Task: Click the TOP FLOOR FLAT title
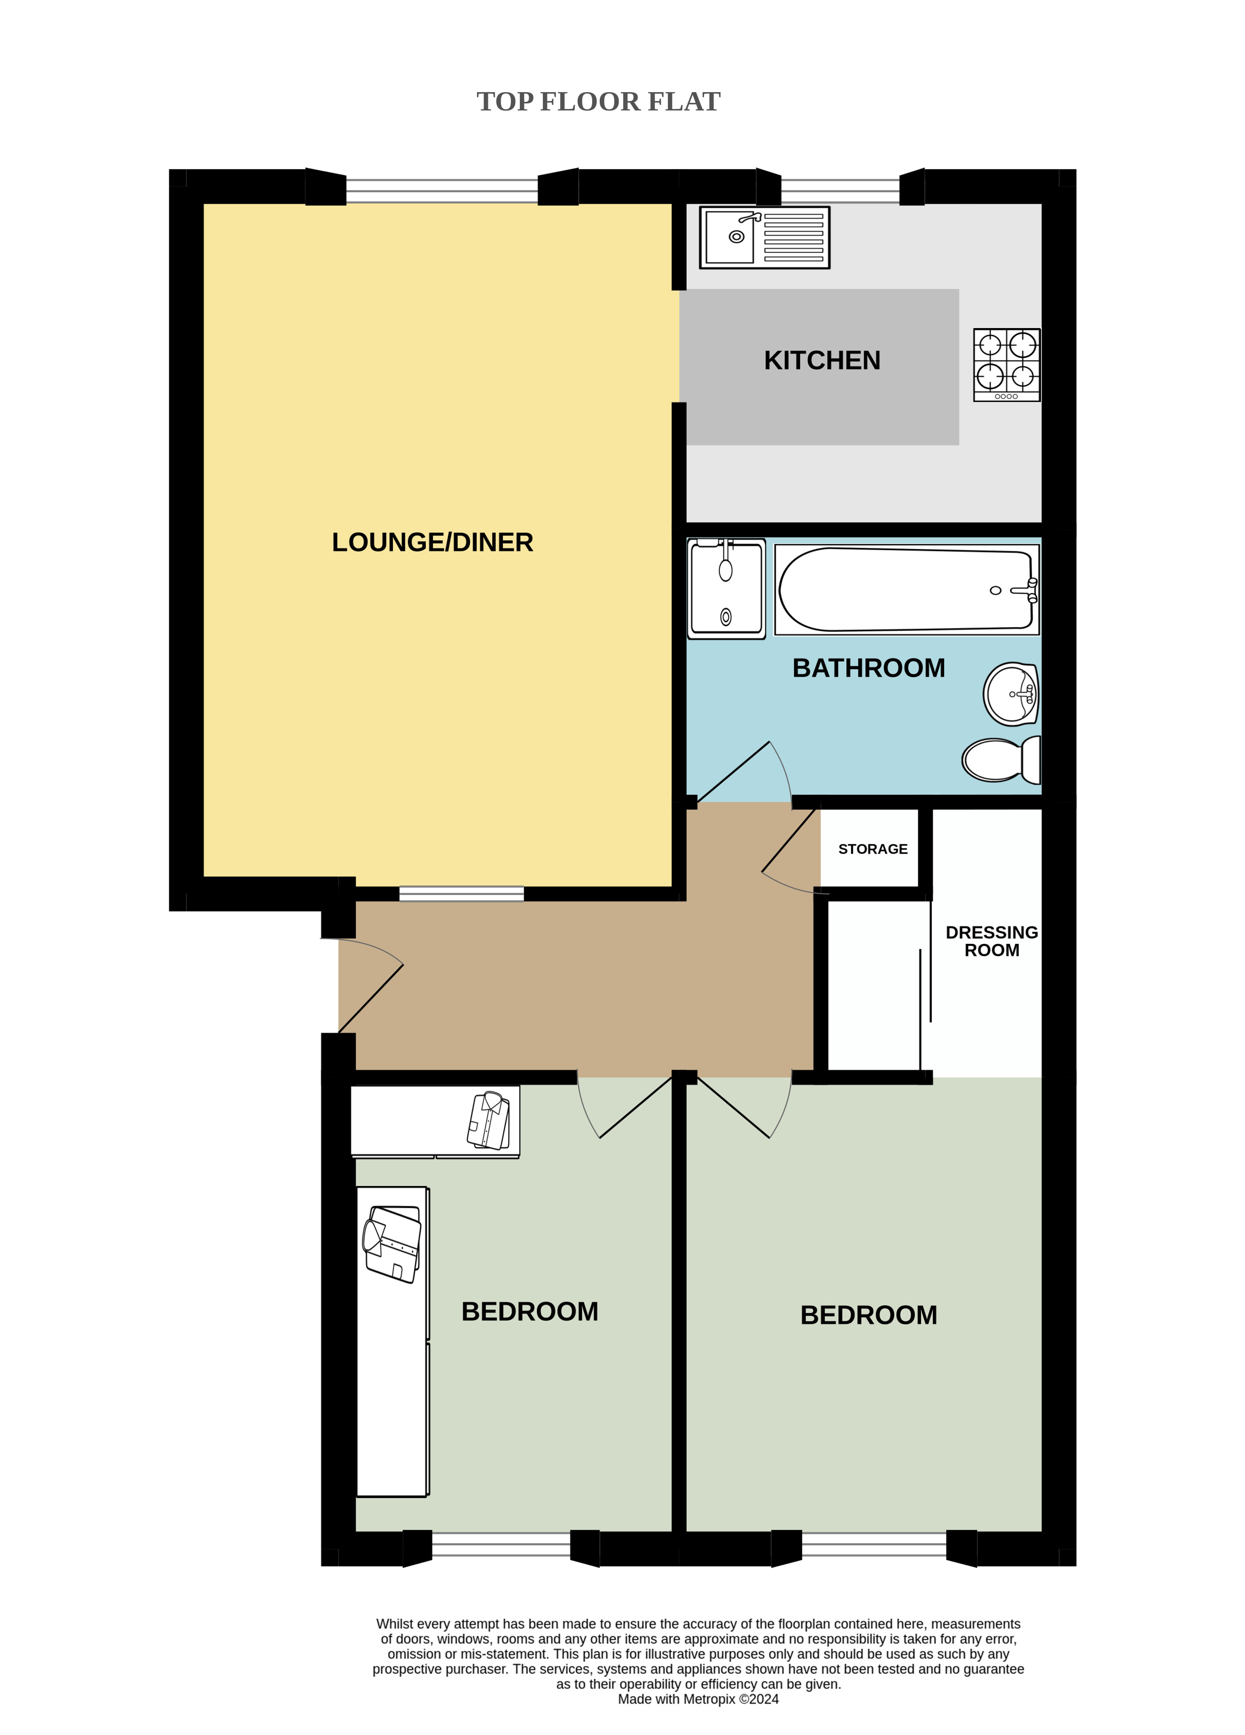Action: click(x=598, y=102)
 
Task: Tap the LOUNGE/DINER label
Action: click(x=432, y=542)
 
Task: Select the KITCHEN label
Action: click(x=822, y=361)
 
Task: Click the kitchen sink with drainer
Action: click(x=764, y=237)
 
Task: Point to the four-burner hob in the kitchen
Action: click(x=1006, y=365)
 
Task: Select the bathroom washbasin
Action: click(x=1011, y=694)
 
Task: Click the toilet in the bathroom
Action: click(x=1001, y=760)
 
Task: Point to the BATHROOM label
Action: click(x=869, y=668)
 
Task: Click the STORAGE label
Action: click(x=873, y=849)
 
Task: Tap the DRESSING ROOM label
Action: click(x=992, y=941)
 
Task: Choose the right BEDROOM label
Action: click(x=869, y=1315)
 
